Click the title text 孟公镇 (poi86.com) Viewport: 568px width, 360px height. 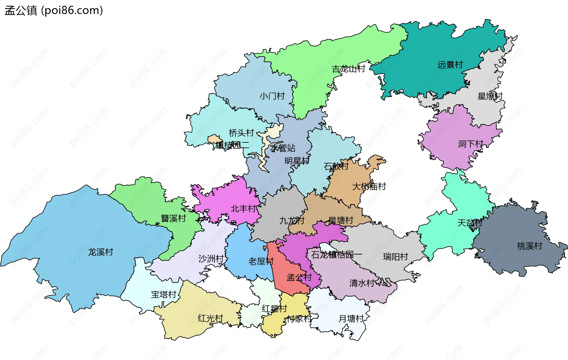click(54, 10)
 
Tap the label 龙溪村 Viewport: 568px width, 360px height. click(101, 252)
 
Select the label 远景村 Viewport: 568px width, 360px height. click(450, 65)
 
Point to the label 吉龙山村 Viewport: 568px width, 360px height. click(348, 69)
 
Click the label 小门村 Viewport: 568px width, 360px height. click(272, 96)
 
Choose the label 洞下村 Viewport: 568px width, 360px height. click(470, 144)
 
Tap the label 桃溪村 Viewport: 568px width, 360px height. click(530, 246)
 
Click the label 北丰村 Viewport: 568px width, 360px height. click(243, 208)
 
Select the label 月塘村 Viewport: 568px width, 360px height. click(351, 319)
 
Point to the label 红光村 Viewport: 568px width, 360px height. click(210, 318)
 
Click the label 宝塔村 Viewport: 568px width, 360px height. click(164, 294)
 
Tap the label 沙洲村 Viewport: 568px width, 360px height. click(211, 258)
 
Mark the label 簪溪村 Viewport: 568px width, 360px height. click(173, 218)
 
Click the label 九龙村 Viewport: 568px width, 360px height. click(292, 221)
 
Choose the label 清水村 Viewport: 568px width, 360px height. click(362, 283)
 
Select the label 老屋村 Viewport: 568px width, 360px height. click(261, 261)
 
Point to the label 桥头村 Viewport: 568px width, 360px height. click(241, 133)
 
